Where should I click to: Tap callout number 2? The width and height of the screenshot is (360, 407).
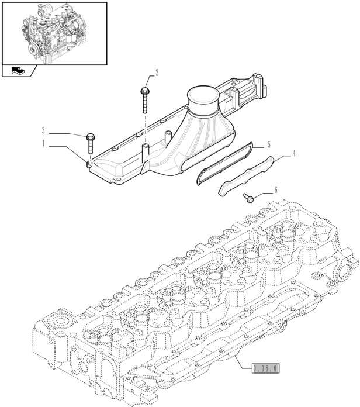[x=157, y=73]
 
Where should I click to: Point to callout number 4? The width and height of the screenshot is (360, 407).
[x=294, y=153]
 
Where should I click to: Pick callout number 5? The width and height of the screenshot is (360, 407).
[x=269, y=144]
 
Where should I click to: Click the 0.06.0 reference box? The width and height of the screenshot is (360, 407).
[x=266, y=368]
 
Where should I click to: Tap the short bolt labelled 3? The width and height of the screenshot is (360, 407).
[x=90, y=144]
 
